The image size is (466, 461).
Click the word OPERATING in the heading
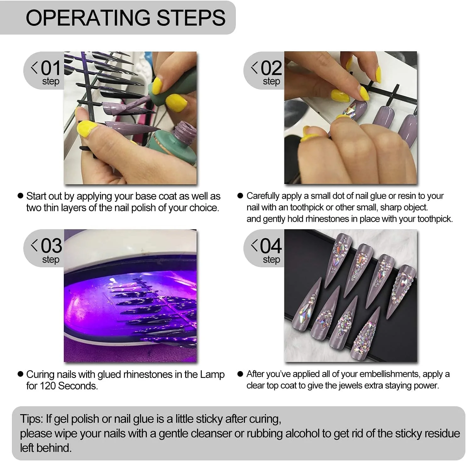click(x=88, y=18)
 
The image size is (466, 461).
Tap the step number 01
click(x=51, y=68)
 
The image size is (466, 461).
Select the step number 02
click(x=271, y=68)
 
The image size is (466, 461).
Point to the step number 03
click(x=51, y=246)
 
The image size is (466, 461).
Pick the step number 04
click(x=271, y=246)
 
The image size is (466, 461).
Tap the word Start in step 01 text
click(x=37, y=196)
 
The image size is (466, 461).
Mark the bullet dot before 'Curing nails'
click(x=20, y=374)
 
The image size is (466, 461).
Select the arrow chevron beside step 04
click(x=254, y=245)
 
